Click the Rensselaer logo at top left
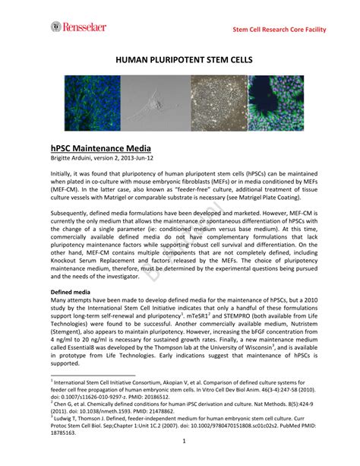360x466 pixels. [x=79, y=27]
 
